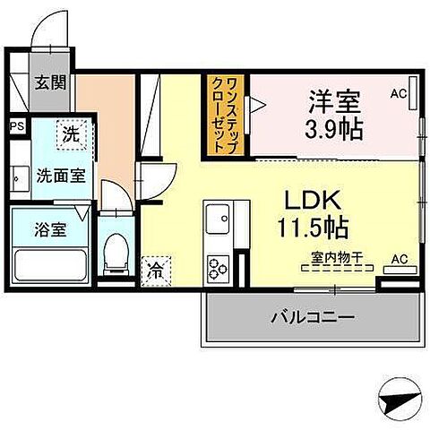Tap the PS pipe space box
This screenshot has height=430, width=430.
coord(16,127)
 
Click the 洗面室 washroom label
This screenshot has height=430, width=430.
coord(60,176)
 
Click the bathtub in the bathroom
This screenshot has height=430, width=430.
coord(50,265)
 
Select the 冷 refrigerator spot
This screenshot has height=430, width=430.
coord(155,268)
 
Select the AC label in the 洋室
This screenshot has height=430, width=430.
coord(400,93)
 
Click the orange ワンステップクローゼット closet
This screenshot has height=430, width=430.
coord(228,116)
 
